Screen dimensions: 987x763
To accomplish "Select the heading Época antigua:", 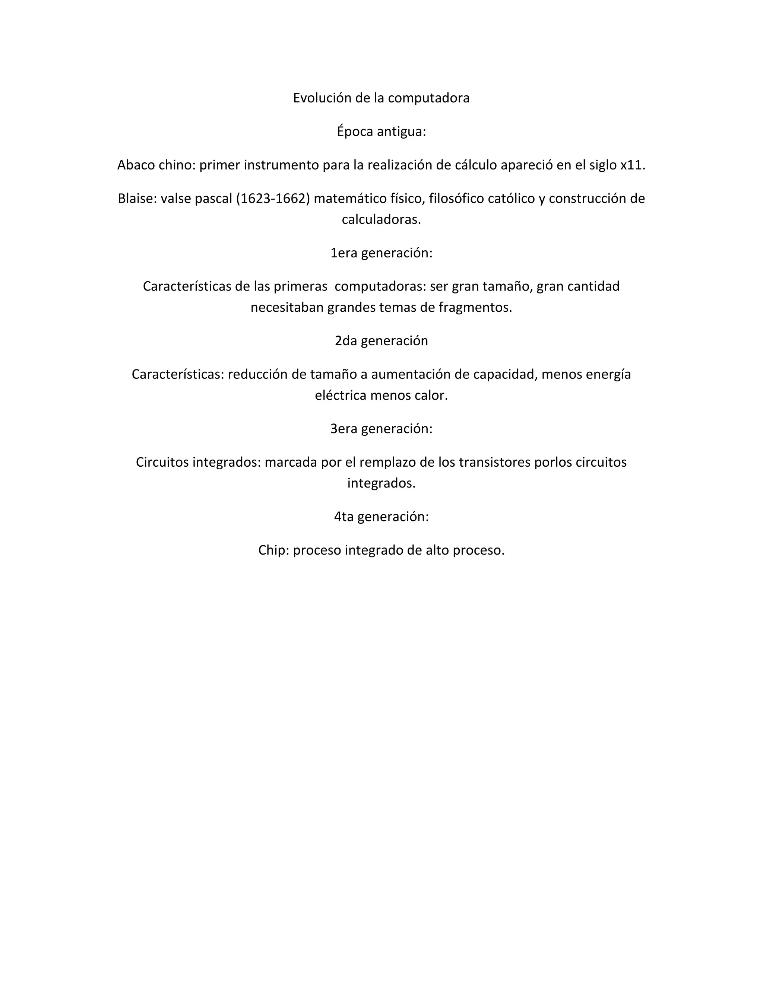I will point(381,131).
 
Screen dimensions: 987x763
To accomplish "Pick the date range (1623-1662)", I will point(273,199).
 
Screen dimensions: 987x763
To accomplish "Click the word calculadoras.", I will point(381,220).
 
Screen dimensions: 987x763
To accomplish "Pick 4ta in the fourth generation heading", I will point(343,517).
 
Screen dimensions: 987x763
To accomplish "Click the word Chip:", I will point(273,550).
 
